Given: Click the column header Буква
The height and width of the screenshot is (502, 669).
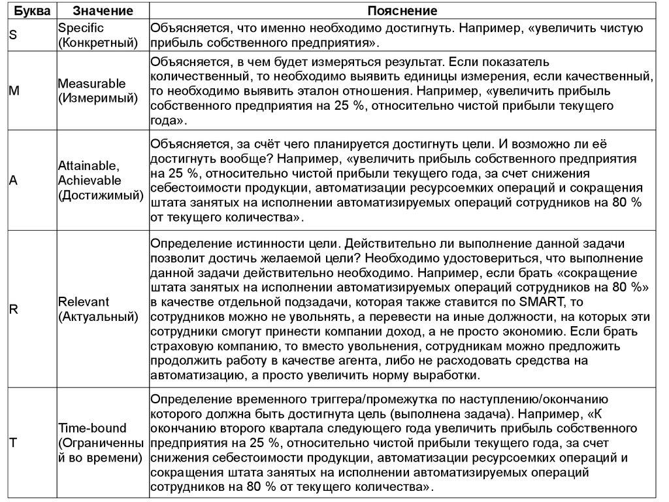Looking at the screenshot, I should (x=28, y=12).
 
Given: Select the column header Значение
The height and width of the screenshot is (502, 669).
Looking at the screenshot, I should (x=103, y=12).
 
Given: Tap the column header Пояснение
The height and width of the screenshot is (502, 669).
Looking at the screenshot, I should (x=402, y=12).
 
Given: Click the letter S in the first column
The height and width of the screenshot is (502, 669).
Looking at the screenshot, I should (x=12, y=35).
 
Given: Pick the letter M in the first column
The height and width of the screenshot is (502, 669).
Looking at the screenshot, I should (x=14, y=92).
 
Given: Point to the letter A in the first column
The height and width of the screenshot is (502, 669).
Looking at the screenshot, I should (x=13, y=181).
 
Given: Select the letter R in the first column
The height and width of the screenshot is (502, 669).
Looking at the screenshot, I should (x=13, y=309).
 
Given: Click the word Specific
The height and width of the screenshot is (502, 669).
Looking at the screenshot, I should (x=81, y=29).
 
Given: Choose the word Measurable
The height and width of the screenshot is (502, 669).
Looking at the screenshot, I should (x=91, y=84).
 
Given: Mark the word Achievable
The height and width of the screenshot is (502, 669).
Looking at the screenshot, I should (x=90, y=181).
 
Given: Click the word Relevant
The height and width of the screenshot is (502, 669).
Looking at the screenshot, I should (x=84, y=302).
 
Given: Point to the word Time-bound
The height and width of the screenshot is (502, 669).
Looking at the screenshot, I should (x=92, y=429).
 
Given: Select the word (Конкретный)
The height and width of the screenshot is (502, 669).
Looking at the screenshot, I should (x=98, y=43).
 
